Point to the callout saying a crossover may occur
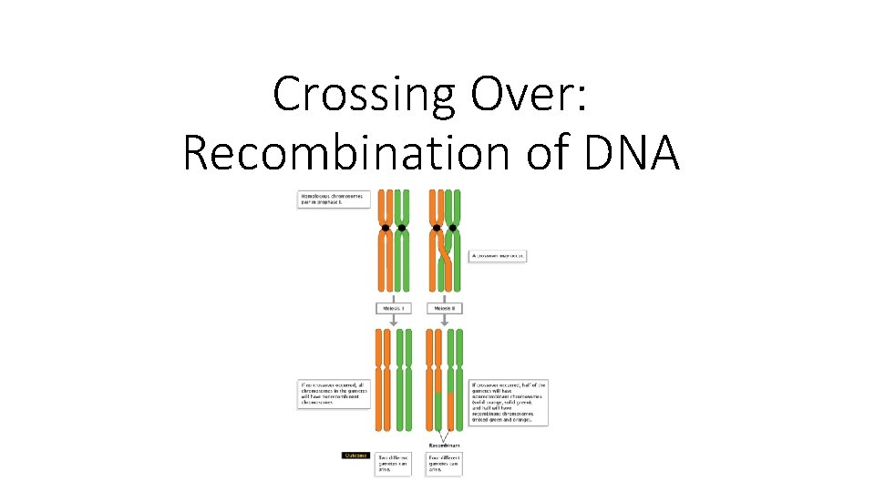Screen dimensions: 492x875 coord(499,256)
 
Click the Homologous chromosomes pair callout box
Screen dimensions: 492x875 coord(335,200)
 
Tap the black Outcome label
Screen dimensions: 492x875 coord(355,455)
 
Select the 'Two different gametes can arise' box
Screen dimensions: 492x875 coord(393,464)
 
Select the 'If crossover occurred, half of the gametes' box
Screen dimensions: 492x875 coord(509,403)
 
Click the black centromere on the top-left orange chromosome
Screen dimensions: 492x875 coord(386,228)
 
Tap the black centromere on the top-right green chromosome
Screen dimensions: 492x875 coord(453,228)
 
